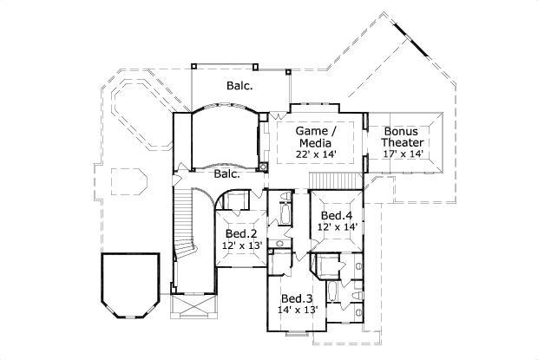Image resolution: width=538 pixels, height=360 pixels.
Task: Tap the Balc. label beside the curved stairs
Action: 227,173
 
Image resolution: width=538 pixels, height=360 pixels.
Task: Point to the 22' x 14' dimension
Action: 316,154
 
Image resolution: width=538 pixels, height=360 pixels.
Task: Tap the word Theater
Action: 403,142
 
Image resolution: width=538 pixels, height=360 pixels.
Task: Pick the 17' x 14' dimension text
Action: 403,154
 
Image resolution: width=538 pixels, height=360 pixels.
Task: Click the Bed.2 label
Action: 239,233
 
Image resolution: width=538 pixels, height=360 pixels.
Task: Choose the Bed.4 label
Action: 337,215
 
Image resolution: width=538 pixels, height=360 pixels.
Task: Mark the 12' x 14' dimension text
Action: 337,226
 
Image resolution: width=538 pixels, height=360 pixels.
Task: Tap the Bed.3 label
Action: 297,296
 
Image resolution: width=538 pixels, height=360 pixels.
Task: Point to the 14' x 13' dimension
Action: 298,308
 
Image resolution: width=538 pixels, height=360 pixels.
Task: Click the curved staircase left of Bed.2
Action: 185,232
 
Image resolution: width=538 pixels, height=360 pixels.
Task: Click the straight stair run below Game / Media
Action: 335,179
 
